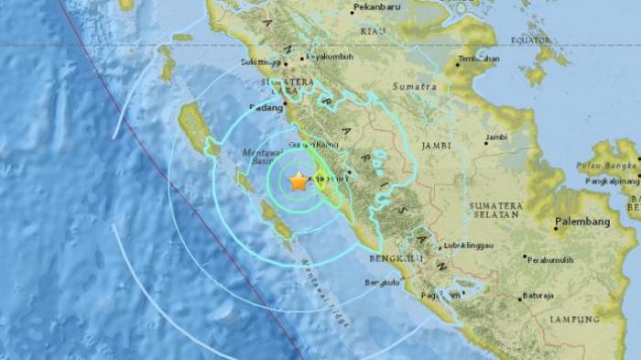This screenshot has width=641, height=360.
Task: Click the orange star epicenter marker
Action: click(x=299, y=181)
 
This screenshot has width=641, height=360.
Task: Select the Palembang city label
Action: click(x=582, y=223)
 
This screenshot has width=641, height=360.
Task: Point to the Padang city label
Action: click(x=266, y=106)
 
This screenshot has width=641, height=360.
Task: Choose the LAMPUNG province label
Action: click(x=574, y=320)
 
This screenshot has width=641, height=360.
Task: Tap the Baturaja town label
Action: click(x=538, y=295)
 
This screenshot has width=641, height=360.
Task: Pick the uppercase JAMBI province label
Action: click(x=438, y=146)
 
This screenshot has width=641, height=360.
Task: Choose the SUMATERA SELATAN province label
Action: click(x=496, y=210)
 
